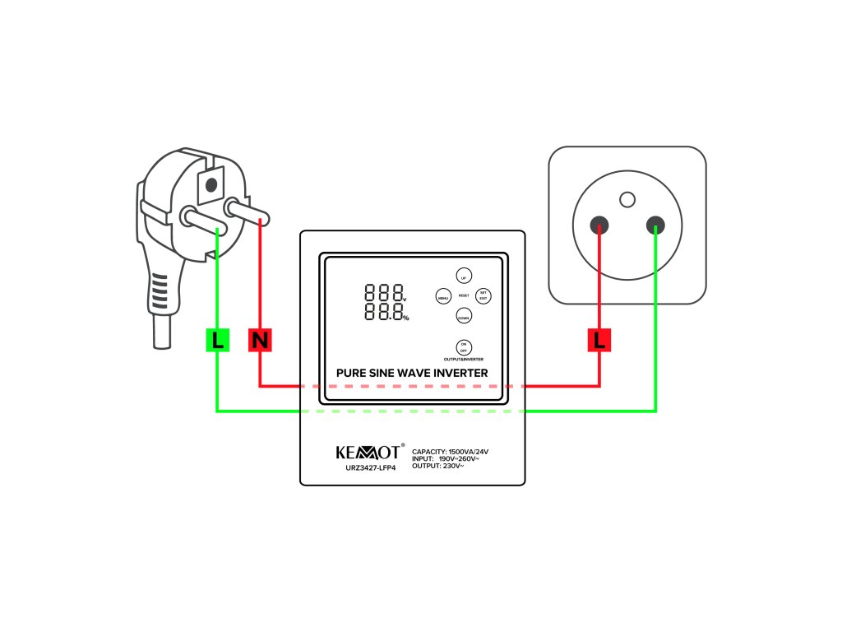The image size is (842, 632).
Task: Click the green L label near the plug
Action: click(217, 340)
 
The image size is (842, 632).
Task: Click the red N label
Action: click(260, 340)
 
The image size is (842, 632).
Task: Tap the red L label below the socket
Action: click(599, 340)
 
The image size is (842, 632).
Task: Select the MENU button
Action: click(443, 297)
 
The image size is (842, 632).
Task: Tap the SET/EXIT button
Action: click(483, 295)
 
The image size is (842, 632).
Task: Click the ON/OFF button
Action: click(464, 346)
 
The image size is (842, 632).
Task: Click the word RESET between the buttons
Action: click(464, 295)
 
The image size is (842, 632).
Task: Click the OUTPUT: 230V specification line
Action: click(438, 467)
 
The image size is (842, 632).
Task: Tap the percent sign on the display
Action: click(405, 318)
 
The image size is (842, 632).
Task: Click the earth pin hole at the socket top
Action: click(627, 198)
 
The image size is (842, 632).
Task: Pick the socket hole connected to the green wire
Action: click(655, 223)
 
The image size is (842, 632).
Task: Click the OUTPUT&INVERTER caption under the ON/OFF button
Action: click(464, 360)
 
